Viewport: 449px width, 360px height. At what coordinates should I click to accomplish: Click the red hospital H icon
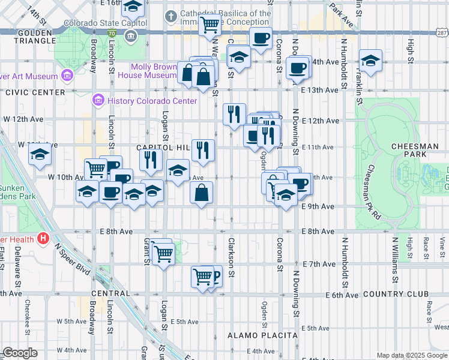pos(43,238)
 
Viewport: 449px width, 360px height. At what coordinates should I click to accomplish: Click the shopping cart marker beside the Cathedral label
pos(209,25)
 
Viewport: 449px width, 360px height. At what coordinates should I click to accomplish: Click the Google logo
pos(20,353)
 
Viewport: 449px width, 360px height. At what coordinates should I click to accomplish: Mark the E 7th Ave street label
pos(318,264)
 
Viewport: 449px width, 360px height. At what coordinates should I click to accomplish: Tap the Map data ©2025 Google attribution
pos(412,355)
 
